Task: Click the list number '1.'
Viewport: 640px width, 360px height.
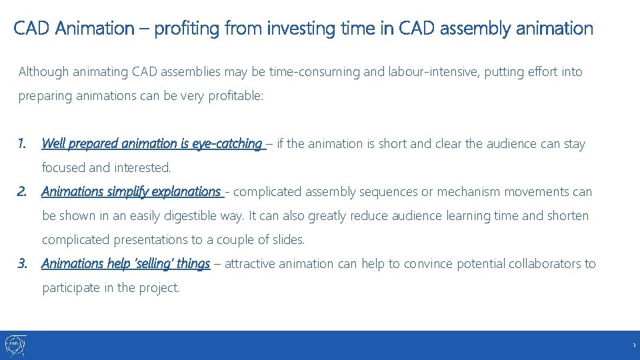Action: tap(23, 143)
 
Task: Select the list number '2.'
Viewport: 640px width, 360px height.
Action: tap(23, 192)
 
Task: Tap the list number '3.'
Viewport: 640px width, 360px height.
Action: tap(23, 264)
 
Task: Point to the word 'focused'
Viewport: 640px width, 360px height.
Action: tap(63, 167)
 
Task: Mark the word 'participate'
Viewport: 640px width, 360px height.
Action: tap(72, 288)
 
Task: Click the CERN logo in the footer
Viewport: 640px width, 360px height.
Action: tap(15, 345)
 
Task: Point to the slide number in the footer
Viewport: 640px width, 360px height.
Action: tap(634, 346)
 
